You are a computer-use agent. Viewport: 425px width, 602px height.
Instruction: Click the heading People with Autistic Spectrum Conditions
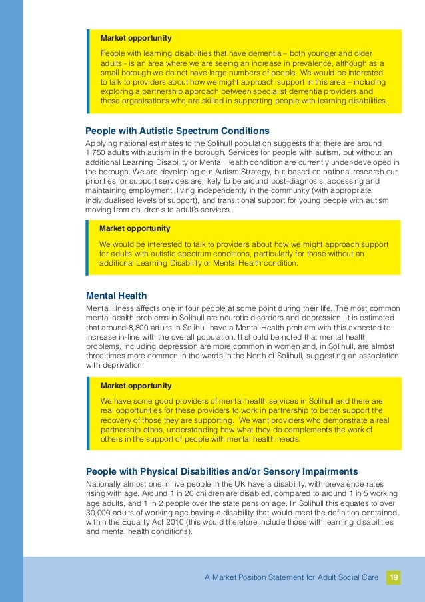click(x=177, y=130)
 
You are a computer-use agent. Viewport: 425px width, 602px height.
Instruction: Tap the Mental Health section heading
click(x=117, y=296)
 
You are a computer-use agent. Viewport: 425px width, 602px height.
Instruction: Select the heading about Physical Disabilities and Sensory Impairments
click(x=222, y=471)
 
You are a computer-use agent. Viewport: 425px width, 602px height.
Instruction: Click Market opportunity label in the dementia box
click(x=135, y=38)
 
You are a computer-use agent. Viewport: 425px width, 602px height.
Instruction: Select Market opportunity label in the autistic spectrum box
click(x=135, y=228)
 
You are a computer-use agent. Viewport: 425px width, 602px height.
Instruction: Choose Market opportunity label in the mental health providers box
click(x=135, y=386)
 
